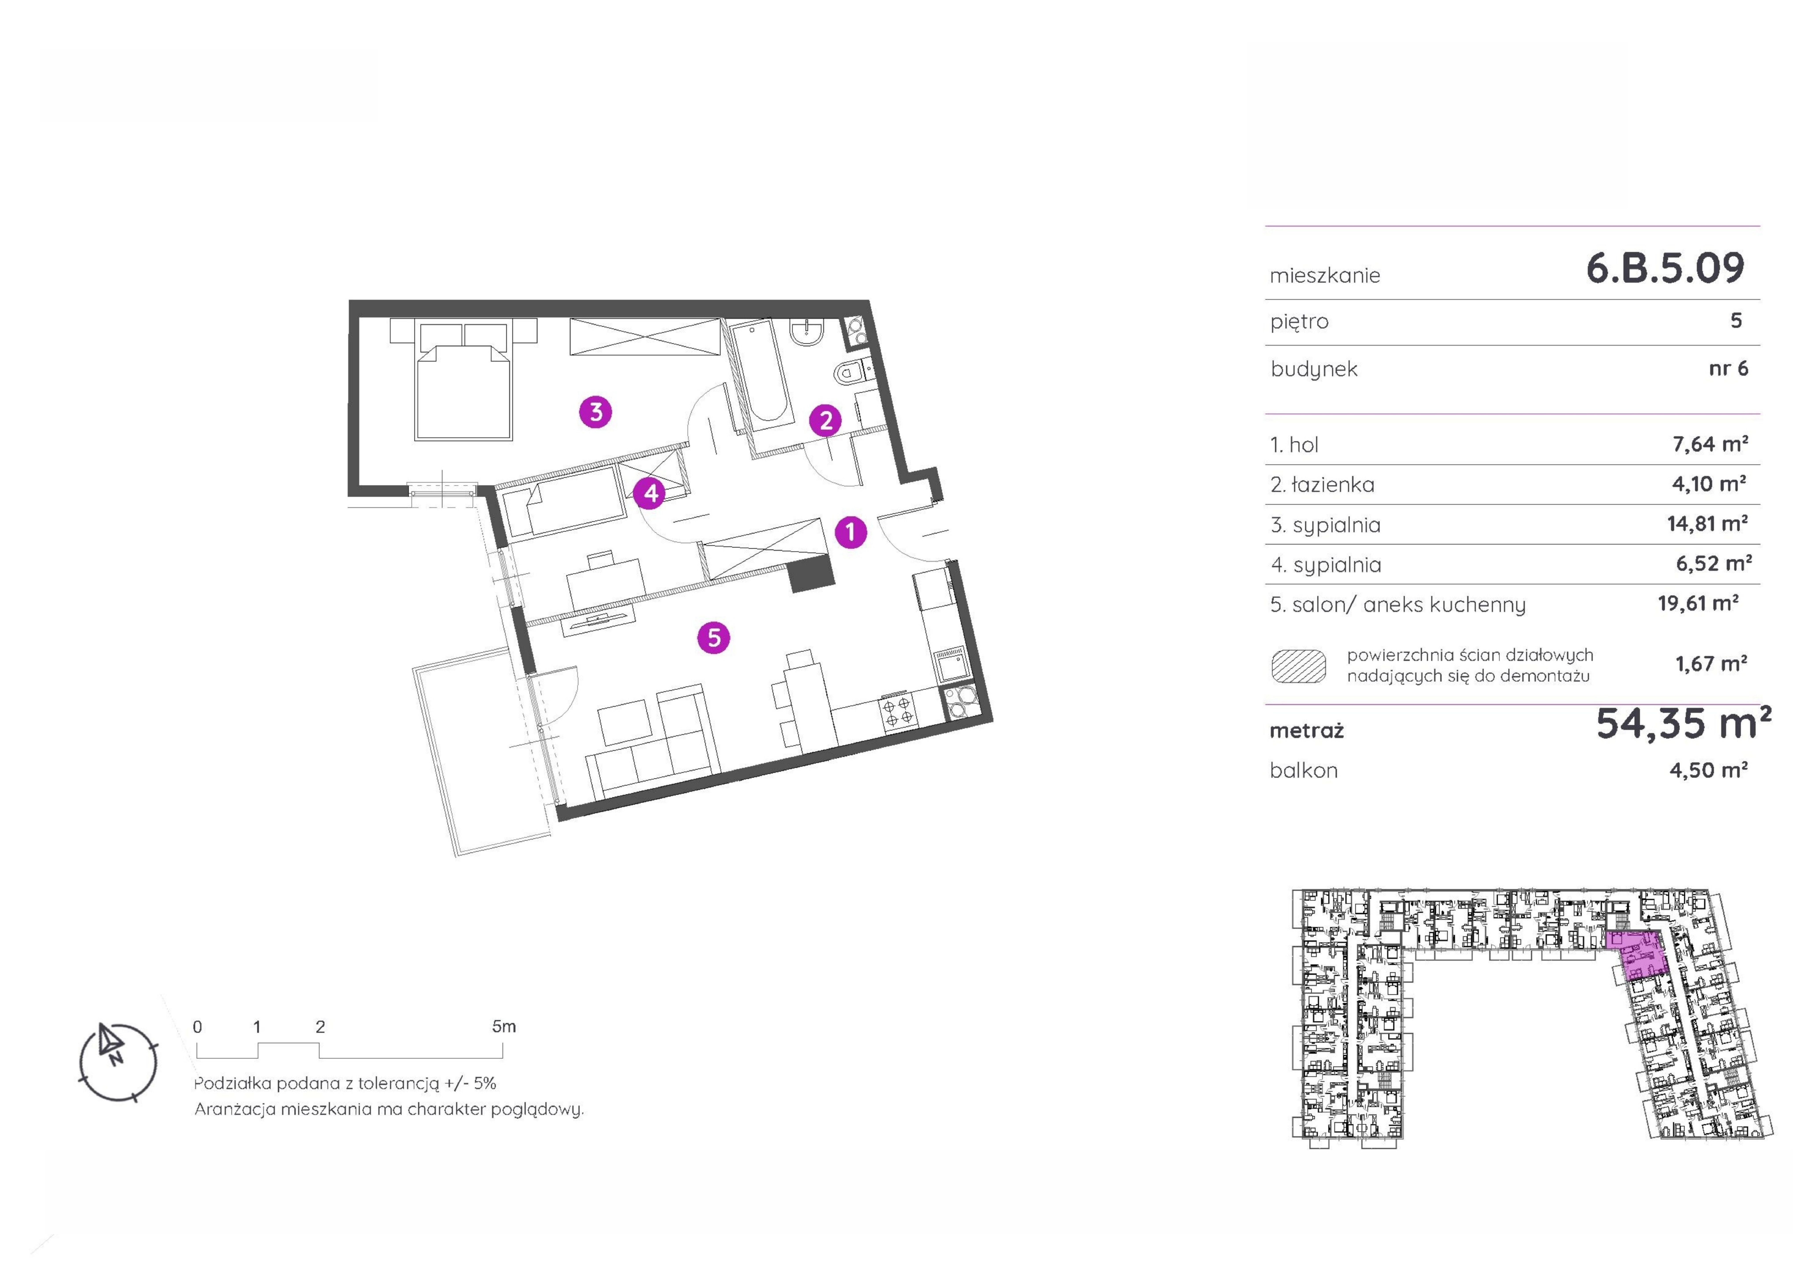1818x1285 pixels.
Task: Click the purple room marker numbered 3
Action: (595, 412)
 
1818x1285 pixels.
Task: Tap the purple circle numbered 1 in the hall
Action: (850, 532)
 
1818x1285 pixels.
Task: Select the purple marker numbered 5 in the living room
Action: (713, 637)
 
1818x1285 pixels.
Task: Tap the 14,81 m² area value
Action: (1708, 523)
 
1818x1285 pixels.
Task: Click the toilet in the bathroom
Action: (852, 371)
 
